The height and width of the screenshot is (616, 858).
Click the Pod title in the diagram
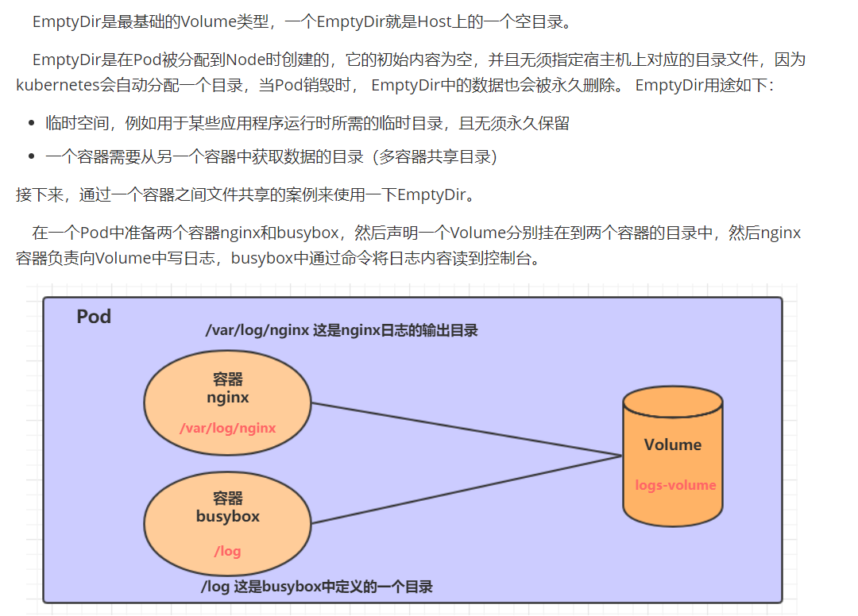tap(94, 317)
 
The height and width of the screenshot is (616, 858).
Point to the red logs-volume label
tap(675, 485)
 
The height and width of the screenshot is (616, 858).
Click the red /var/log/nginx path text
tap(228, 429)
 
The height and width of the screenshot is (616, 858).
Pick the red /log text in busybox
tap(227, 551)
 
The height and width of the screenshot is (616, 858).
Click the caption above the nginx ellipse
tap(342, 331)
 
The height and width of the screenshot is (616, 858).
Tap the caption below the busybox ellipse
tap(317, 587)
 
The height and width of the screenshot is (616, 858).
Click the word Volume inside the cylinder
tap(673, 445)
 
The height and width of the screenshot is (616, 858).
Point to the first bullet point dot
tap(32, 123)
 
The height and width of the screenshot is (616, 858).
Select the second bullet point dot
tap(32, 157)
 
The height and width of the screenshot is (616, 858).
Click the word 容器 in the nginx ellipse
tap(228, 379)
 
